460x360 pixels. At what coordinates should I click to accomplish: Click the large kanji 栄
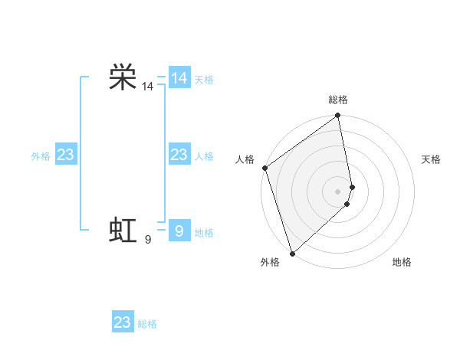pyautogui.click(x=123, y=77)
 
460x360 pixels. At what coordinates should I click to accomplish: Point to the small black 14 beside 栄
pyautogui.click(x=147, y=87)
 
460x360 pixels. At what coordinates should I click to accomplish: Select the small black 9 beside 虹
pyautogui.click(x=147, y=241)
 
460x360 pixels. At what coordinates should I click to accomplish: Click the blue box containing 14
pyautogui.click(x=179, y=78)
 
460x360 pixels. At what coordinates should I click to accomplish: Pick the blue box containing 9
pyautogui.click(x=179, y=231)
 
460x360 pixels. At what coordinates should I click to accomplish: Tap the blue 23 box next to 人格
pyautogui.click(x=179, y=155)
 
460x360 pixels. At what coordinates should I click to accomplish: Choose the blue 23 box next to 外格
pyautogui.click(x=65, y=155)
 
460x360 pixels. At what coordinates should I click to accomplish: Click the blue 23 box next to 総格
pyautogui.click(x=123, y=322)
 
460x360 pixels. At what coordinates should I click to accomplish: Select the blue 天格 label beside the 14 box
pyautogui.click(x=204, y=80)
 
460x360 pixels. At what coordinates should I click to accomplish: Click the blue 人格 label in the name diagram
pyautogui.click(x=204, y=156)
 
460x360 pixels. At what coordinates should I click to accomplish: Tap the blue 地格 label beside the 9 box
pyautogui.click(x=204, y=233)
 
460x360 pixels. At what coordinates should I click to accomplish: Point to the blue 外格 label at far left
pyautogui.click(x=41, y=156)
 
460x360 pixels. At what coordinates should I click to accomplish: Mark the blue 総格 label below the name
pyautogui.click(x=147, y=324)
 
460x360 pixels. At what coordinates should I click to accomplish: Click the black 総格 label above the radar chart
pyautogui.click(x=338, y=100)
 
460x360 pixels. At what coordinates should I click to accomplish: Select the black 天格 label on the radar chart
pyautogui.click(x=432, y=159)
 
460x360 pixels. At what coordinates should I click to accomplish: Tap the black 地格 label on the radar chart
pyautogui.click(x=402, y=262)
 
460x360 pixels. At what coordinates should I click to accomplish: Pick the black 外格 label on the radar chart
pyautogui.click(x=270, y=262)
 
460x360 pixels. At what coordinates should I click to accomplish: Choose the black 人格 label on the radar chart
pyautogui.click(x=245, y=159)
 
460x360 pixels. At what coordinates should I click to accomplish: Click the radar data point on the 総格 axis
pyautogui.click(x=338, y=116)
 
